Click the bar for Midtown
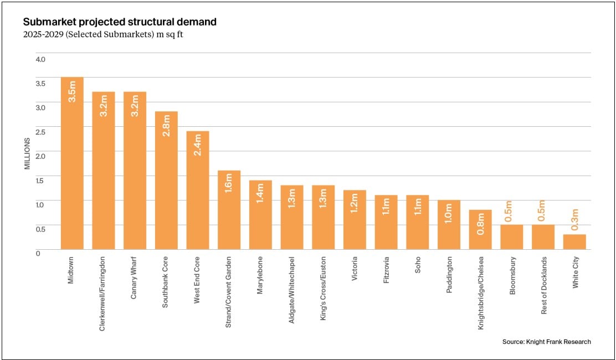[72, 166]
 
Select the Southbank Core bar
[166, 183]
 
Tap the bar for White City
[574, 242]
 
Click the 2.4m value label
[198, 145]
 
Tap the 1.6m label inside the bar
[229, 183]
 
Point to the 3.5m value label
[72, 91]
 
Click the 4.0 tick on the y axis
[40, 59]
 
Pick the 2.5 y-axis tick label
[40, 131]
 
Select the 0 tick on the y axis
[38, 253]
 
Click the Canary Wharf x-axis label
[134, 277]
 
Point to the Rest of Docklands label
[544, 285]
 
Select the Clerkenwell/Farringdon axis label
[103, 293]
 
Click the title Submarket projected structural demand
[120, 22]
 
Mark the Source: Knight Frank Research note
[546, 342]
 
